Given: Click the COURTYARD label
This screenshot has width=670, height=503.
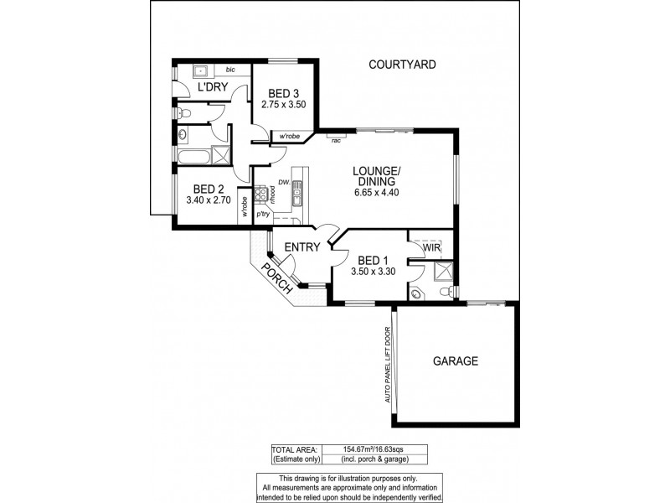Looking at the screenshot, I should [x=401, y=64].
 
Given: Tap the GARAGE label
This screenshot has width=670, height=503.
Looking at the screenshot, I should [x=455, y=361].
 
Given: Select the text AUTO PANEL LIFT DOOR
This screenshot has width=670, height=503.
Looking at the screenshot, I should [x=389, y=364].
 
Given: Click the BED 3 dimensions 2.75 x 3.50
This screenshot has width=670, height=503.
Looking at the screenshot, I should [x=284, y=105].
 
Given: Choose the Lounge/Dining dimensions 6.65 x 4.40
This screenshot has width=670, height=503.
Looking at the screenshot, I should [x=377, y=192].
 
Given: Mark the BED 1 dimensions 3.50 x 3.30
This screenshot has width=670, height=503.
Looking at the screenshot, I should [x=374, y=272].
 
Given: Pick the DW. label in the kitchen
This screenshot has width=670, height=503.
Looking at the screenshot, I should [x=283, y=182].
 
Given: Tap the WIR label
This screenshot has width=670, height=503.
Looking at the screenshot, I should [x=432, y=249].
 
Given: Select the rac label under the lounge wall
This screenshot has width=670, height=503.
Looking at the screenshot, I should [x=336, y=140].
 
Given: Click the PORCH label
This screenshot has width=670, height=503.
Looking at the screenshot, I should [x=276, y=277].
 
